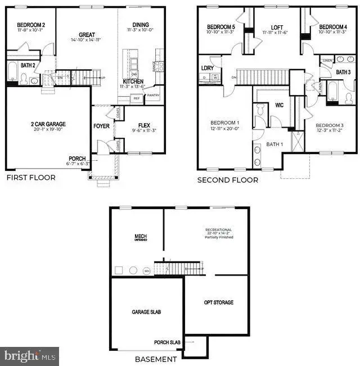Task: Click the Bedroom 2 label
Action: click(31, 25)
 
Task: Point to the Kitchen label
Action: click(133, 82)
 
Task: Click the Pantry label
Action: click(153, 96)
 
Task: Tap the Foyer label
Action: click(102, 126)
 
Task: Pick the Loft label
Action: click(277, 27)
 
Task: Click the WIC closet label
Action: click(279, 105)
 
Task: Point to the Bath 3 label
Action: click(343, 72)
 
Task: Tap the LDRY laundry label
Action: click(207, 68)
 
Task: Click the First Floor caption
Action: click(31, 178)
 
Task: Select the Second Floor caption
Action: click(228, 180)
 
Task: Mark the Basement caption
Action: click(156, 359)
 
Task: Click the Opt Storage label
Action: click(218, 302)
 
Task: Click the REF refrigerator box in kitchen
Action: click(136, 98)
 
